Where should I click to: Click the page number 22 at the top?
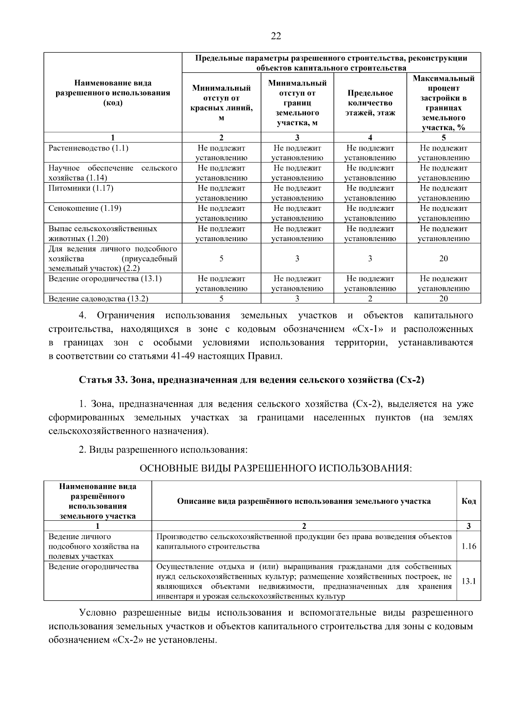[x=276, y=36]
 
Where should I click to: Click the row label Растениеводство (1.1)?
[x=88, y=148]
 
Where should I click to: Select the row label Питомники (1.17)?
[x=81, y=188]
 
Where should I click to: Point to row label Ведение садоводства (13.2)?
[x=98, y=299]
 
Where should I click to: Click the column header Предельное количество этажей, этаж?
[x=370, y=103]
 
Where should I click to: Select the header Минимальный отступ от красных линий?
[x=221, y=103]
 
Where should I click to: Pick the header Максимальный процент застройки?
[x=443, y=103]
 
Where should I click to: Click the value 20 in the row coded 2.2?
[x=443, y=258]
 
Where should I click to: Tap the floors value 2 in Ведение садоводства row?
[x=370, y=299]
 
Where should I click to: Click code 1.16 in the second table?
[x=468, y=546]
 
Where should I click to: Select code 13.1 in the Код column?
[x=468, y=581]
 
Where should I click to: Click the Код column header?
[x=468, y=501]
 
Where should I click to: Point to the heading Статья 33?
[x=252, y=380]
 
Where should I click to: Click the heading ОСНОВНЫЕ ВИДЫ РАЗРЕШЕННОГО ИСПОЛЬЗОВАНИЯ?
[x=276, y=468]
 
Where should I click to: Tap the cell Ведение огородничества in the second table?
[x=93, y=567]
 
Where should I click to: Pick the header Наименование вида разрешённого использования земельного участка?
[x=97, y=501]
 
